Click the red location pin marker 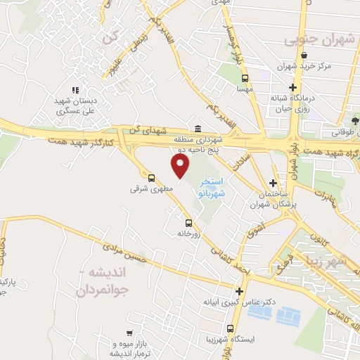181,166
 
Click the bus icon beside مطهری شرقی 151,177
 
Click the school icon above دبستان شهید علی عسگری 75,89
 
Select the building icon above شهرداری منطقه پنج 197,129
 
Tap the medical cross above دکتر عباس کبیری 240,291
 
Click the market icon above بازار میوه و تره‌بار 128,333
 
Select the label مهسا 244,89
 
